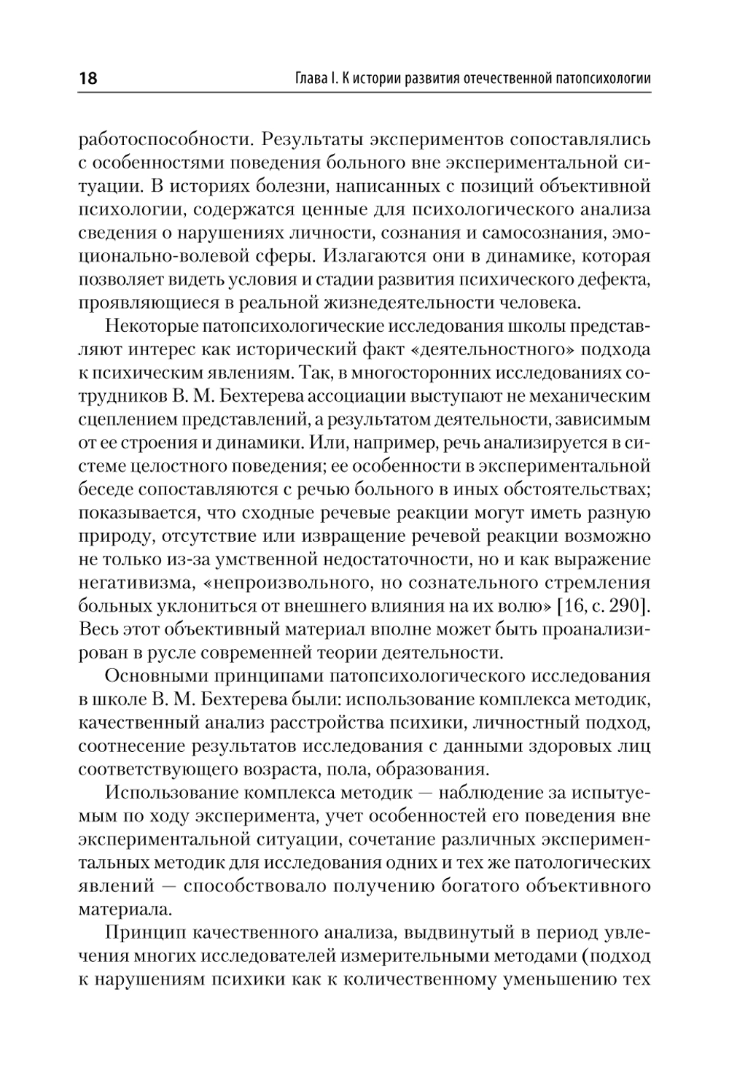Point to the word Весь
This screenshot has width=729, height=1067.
coord(97,629)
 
